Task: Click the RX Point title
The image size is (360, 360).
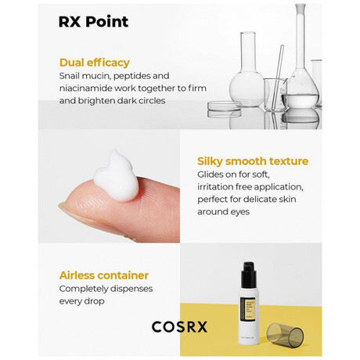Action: click(93, 22)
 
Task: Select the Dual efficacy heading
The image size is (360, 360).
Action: click(95, 63)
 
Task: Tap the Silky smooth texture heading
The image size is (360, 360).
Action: click(253, 161)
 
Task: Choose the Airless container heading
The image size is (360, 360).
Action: click(104, 275)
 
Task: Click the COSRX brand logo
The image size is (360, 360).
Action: click(179, 326)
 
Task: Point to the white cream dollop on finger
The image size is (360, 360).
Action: click(117, 175)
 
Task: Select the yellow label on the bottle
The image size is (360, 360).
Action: click(248, 308)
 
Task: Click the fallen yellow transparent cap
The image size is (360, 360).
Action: click(285, 333)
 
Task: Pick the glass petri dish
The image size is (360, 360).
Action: click(224, 108)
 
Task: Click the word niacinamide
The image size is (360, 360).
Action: click(85, 88)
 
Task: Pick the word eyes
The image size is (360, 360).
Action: click(239, 212)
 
